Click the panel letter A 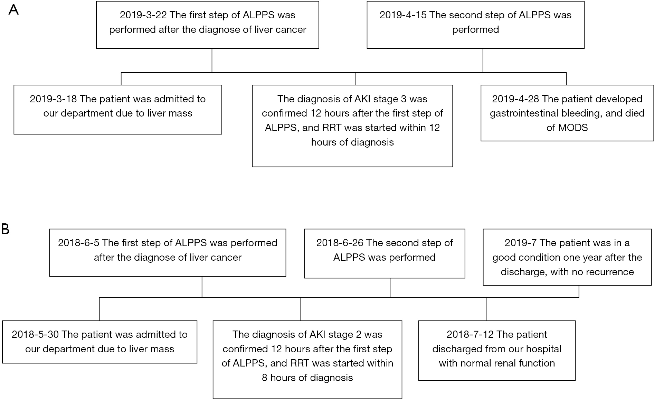pos(13,10)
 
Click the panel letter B pos(6,229)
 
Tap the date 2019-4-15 pos(403,15)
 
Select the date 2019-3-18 pos(53,99)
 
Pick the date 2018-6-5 pos(78,243)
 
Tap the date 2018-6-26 pos(340,243)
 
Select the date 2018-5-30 pos(35,334)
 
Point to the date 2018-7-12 pos(470,334)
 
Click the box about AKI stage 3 pos(352,126)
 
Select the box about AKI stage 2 pos(307,360)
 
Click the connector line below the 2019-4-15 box pos(483,61)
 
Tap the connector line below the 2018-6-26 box pos(390,288)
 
